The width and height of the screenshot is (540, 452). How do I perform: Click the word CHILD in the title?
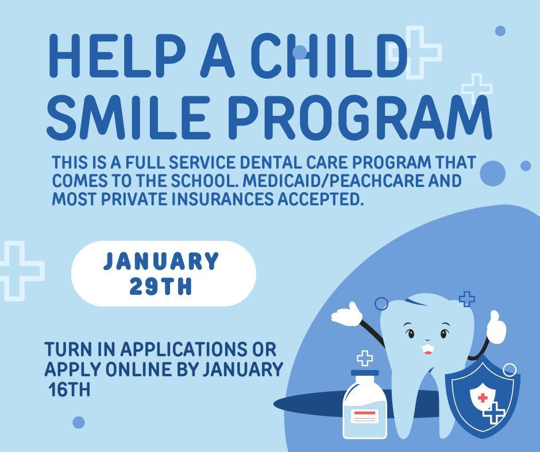pos(330,56)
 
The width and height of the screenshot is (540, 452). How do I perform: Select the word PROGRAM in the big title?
pos(358,118)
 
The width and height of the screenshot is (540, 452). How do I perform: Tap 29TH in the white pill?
pos(161,286)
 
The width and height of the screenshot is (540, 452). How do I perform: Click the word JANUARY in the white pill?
pos(161,262)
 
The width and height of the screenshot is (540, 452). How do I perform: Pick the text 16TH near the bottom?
pos(69,391)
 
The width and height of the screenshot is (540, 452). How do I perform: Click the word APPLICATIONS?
pos(177,349)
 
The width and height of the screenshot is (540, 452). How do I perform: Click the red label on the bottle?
pos(364,415)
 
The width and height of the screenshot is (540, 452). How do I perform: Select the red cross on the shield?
pos(483,398)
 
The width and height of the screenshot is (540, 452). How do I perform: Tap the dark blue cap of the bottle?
pos(365,373)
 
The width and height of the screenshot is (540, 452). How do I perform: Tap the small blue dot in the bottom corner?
pos(79,423)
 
